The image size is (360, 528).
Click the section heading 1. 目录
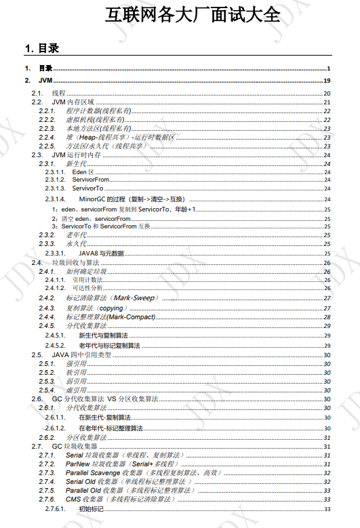41,48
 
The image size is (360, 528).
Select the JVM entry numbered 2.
45,81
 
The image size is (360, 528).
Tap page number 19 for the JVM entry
326,81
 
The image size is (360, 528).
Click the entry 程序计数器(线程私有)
98,110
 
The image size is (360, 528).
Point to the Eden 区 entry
83,172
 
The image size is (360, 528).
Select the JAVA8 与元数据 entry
101,252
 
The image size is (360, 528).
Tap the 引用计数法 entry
87,279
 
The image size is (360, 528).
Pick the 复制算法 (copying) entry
95,307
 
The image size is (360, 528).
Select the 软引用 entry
76,372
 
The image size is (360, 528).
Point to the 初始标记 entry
92,508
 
